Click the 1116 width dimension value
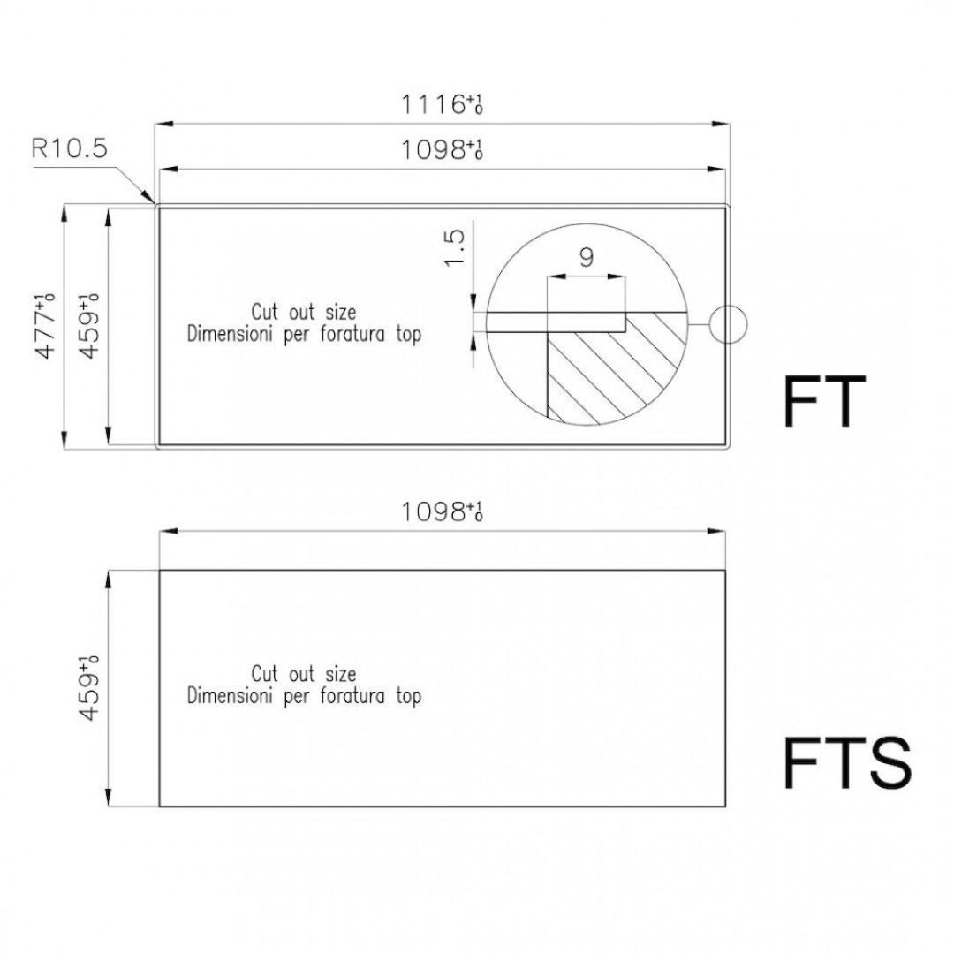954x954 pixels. coord(442,104)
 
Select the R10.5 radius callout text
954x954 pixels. coord(70,148)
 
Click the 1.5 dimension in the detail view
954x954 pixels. coord(455,247)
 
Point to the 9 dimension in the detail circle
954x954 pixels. coord(587,258)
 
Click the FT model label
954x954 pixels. coord(824,402)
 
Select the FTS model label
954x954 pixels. coord(847,763)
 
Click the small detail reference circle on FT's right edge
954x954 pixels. coord(728,325)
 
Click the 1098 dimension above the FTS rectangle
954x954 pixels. coord(442,511)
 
